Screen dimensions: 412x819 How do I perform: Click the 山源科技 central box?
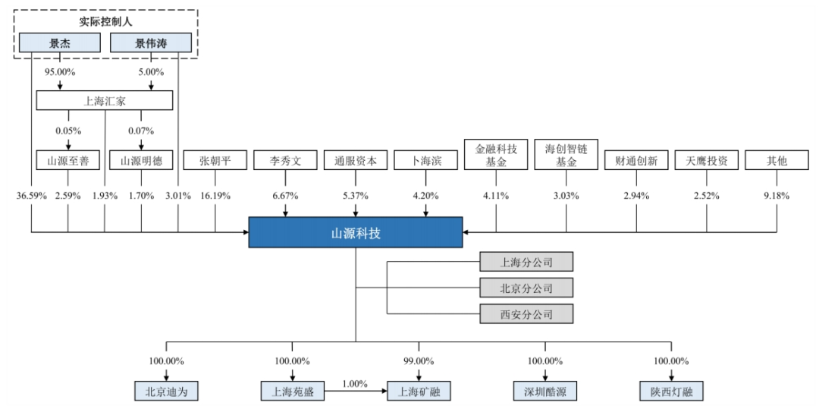click(356, 232)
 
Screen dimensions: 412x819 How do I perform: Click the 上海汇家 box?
click(105, 100)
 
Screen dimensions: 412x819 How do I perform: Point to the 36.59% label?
click(31, 195)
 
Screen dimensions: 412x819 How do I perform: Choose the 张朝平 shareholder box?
click(215, 161)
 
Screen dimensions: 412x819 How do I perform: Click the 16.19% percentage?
click(215, 195)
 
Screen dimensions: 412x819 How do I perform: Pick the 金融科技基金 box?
click(496, 156)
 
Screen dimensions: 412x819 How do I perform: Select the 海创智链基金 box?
click(566, 156)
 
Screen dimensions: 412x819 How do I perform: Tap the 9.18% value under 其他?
click(777, 195)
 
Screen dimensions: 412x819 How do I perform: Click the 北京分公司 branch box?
click(526, 288)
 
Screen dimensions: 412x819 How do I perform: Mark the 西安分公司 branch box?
click(526, 313)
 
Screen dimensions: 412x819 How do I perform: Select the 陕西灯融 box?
click(671, 392)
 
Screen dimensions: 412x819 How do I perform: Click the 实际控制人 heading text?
click(105, 21)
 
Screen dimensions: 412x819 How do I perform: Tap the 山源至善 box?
click(68, 161)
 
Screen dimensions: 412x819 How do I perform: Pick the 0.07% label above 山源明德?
click(141, 131)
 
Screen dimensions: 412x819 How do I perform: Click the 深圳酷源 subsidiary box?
click(545, 392)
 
